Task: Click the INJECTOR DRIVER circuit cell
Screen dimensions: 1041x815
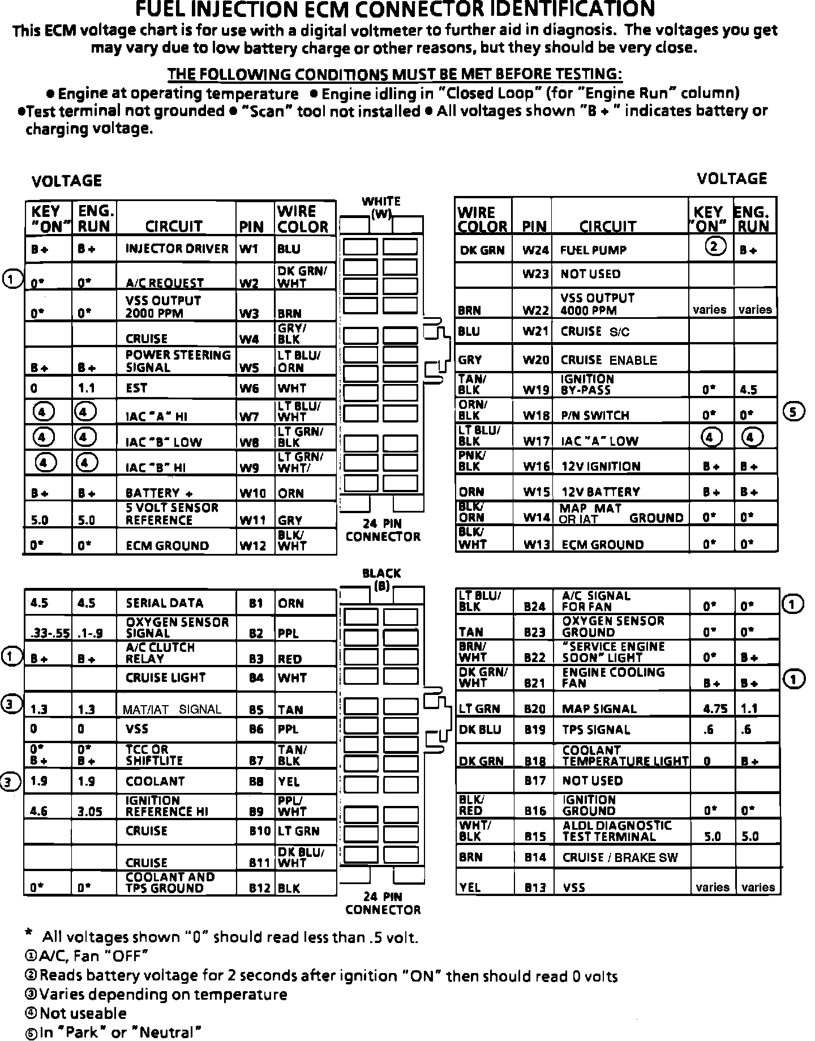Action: [x=177, y=249]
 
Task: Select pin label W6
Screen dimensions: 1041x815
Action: [x=249, y=389]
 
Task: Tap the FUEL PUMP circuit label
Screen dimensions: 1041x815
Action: [x=593, y=250]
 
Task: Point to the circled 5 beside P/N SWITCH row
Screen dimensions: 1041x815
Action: [x=793, y=412]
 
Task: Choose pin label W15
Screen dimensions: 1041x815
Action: [x=536, y=492]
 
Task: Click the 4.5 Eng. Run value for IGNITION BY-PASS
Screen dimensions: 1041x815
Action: [x=749, y=390]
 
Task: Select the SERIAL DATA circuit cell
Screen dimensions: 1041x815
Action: [x=164, y=603]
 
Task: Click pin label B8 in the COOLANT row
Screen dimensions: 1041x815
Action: [x=256, y=782]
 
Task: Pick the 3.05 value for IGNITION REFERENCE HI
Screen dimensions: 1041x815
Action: [x=90, y=812]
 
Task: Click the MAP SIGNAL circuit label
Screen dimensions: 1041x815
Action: [x=599, y=709]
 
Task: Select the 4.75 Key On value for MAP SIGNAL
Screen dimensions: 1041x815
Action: [x=713, y=709]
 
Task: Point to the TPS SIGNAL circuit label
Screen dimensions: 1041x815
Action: [x=596, y=730]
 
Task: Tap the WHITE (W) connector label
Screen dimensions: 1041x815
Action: [x=381, y=207]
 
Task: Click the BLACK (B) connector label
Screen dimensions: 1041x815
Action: [x=381, y=579]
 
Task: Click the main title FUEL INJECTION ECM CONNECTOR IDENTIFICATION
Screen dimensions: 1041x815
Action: [x=396, y=10]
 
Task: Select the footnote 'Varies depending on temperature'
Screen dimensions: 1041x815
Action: [x=163, y=995]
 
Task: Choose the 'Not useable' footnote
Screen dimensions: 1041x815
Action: [x=83, y=1013]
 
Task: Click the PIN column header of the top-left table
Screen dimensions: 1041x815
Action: [x=251, y=227]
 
